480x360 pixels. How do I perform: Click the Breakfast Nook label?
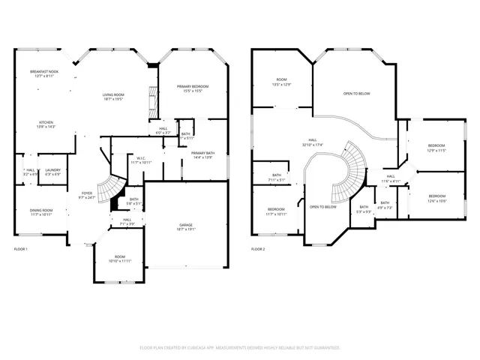(x=43, y=73)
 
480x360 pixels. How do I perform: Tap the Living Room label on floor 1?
(x=113, y=96)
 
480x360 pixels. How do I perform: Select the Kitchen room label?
(x=46, y=124)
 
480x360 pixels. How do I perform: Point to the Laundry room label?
(x=52, y=172)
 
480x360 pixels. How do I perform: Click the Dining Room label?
(x=41, y=212)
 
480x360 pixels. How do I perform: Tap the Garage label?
(x=186, y=227)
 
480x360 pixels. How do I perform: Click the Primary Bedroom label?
(x=193, y=88)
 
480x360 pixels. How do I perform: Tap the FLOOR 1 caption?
(x=21, y=248)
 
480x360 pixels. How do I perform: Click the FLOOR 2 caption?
(x=258, y=248)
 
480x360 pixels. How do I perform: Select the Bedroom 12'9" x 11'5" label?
(x=436, y=148)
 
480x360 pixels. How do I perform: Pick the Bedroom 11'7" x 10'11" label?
(x=276, y=211)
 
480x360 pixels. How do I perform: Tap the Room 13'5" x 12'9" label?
(x=281, y=82)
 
